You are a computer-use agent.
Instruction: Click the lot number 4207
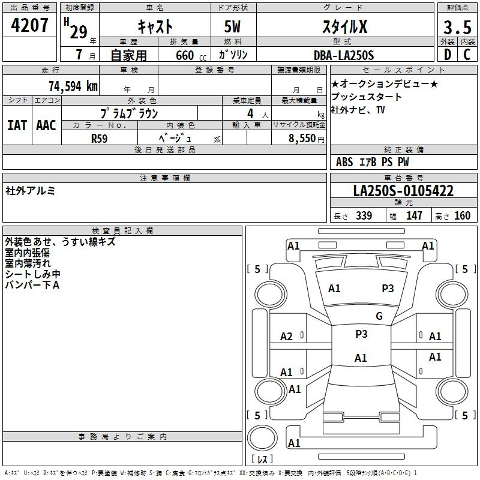tap(29, 25)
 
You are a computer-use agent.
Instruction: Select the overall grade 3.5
tap(457, 28)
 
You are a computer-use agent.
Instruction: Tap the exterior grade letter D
tap(448, 55)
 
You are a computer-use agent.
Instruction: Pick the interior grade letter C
tap(467, 55)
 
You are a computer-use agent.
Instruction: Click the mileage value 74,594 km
tap(73, 86)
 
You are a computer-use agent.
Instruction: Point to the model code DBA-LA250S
tap(344, 55)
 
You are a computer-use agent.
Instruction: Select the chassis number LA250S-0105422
tap(403, 191)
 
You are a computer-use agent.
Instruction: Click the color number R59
tap(99, 139)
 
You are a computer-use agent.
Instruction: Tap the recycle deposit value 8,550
tap(302, 138)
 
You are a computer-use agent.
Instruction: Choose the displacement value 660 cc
tap(191, 56)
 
